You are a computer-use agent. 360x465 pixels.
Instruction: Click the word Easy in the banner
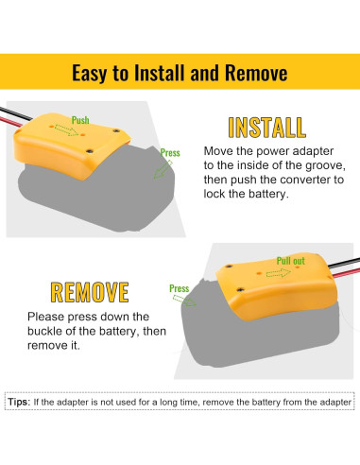pyautogui.click(x=89, y=74)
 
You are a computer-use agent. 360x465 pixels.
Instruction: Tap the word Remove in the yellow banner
pyautogui.click(x=256, y=73)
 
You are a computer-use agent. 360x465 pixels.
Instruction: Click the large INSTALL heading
pyautogui.click(x=267, y=128)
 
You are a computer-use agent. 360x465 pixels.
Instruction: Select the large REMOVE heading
pyautogui.click(x=90, y=292)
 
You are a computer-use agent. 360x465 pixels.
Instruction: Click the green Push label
pyautogui.click(x=80, y=120)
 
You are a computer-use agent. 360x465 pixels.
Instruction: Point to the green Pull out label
pyautogui.click(x=291, y=261)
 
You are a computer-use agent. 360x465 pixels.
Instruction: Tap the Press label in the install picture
pyautogui.click(x=170, y=153)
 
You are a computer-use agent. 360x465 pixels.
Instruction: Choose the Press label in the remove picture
pyautogui.click(x=180, y=288)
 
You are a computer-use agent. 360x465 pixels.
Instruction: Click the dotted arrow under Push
pyautogui.click(x=66, y=130)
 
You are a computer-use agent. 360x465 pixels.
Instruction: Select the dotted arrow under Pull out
pyautogui.click(x=279, y=273)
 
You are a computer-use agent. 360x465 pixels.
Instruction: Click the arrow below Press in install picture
pyautogui.click(x=163, y=169)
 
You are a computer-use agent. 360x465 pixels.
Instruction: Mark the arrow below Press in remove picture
pyautogui.click(x=184, y=301)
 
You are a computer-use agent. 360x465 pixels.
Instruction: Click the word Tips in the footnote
pyautogui.click(x=19, y=402)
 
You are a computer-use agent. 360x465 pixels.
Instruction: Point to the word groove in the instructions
pyautogui.click(x=324, y=165)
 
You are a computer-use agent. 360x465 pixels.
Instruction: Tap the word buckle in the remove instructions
pyautogui.click(x=44, y=331)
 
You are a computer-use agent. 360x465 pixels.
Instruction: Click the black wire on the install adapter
pyautogui.click(x=16, y=114)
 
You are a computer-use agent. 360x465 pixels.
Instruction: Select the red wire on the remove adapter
pyautogui.click(x=346, y=273)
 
